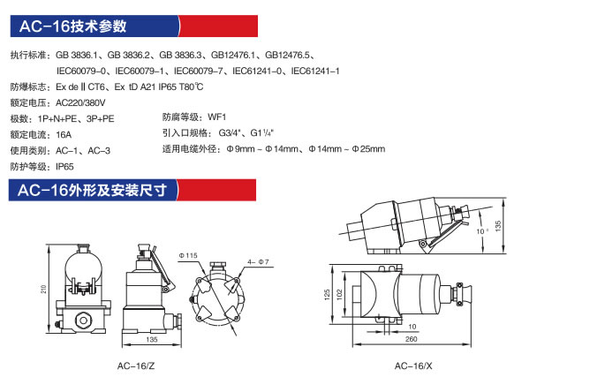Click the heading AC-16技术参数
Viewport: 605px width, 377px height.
coord(73,26)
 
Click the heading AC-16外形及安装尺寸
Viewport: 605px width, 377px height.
coord(92,190)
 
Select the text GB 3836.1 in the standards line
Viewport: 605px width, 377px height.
coord(77,55)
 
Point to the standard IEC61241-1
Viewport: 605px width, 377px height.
coord(315,71)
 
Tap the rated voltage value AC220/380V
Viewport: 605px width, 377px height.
coord(80,103)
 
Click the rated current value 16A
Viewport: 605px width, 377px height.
coord(64,135)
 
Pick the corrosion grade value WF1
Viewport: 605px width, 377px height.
coord(217,117)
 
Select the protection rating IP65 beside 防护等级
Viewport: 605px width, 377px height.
coord(64,167)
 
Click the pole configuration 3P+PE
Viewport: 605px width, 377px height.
coord(101,119)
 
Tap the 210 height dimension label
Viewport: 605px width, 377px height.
coord(43,289)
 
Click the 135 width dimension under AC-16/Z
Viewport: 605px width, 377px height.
coord(152,340)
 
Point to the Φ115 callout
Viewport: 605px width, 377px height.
coord(188,255)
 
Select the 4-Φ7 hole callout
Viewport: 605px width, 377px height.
coord(258,262)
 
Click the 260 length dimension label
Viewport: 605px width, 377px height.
coord(412,339)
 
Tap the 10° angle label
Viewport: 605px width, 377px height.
coord(482,231)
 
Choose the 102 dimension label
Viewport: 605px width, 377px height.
coord(339,295)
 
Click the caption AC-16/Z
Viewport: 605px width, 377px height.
coord(136,366)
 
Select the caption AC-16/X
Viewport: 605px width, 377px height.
coord(413,366)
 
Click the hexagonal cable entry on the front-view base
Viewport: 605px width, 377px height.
coord(82,320)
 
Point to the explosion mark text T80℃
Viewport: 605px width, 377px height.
coord(191,87)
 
